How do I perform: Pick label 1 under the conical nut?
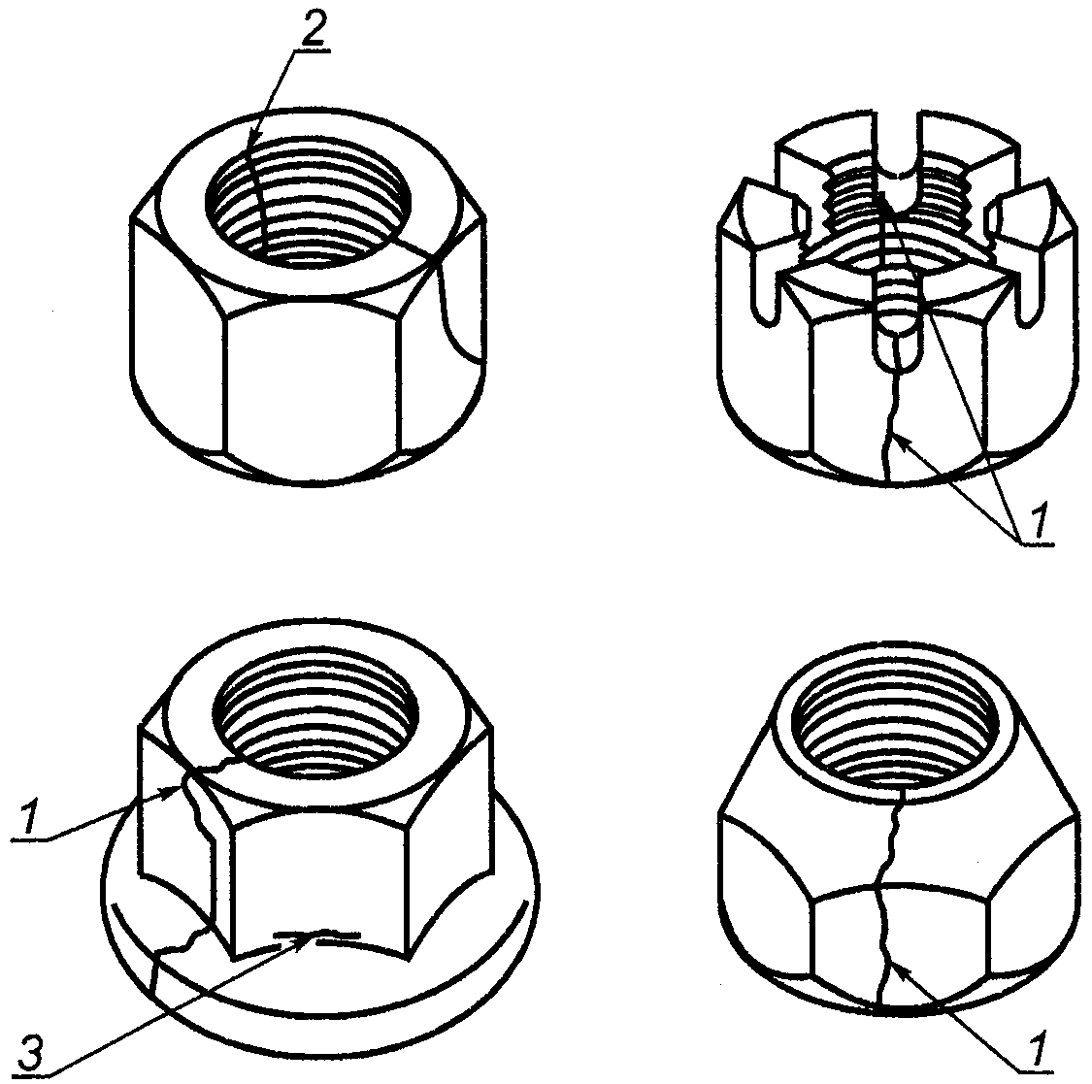[1037, 1049]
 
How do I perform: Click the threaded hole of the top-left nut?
[309, 202]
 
